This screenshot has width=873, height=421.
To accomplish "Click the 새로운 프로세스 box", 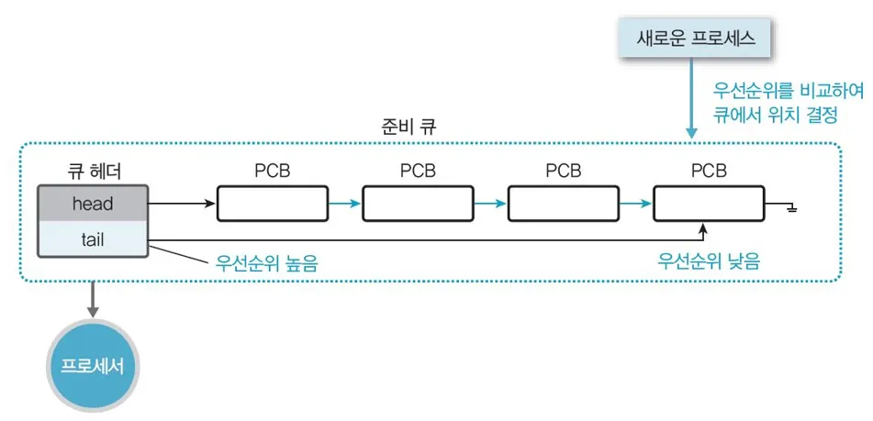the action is [x=696, y=38].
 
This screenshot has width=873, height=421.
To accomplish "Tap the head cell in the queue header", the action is [x=93, y=203].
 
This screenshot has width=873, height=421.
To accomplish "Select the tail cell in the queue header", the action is [x=93, y=239].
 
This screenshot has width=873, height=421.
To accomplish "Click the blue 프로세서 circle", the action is [x=93, y=367].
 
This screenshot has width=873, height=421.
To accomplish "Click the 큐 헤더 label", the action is [x=93, y=172].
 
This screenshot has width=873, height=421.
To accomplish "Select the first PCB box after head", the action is [x=273, y=204].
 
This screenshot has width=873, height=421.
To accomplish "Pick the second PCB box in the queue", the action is [x=418, y=204].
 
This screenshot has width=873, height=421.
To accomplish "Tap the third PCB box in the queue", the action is [x=564, y=204].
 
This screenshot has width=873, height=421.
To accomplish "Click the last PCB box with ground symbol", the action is [x=710, y=204].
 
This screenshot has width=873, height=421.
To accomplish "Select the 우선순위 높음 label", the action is [x=266, y=263].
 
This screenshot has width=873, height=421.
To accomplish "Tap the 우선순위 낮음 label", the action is [x=709, y=260].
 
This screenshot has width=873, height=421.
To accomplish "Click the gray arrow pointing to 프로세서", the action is [x=93, y=299].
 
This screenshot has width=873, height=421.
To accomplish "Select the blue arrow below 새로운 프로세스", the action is [x=691, y=97].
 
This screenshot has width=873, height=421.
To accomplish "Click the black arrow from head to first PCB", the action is [x=182, y=204].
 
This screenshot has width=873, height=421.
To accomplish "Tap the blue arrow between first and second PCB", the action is [x=345, y=204].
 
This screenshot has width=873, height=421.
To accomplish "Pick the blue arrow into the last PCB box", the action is [x=636, y=204].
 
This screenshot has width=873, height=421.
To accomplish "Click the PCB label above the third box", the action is [x=564, y=172].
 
